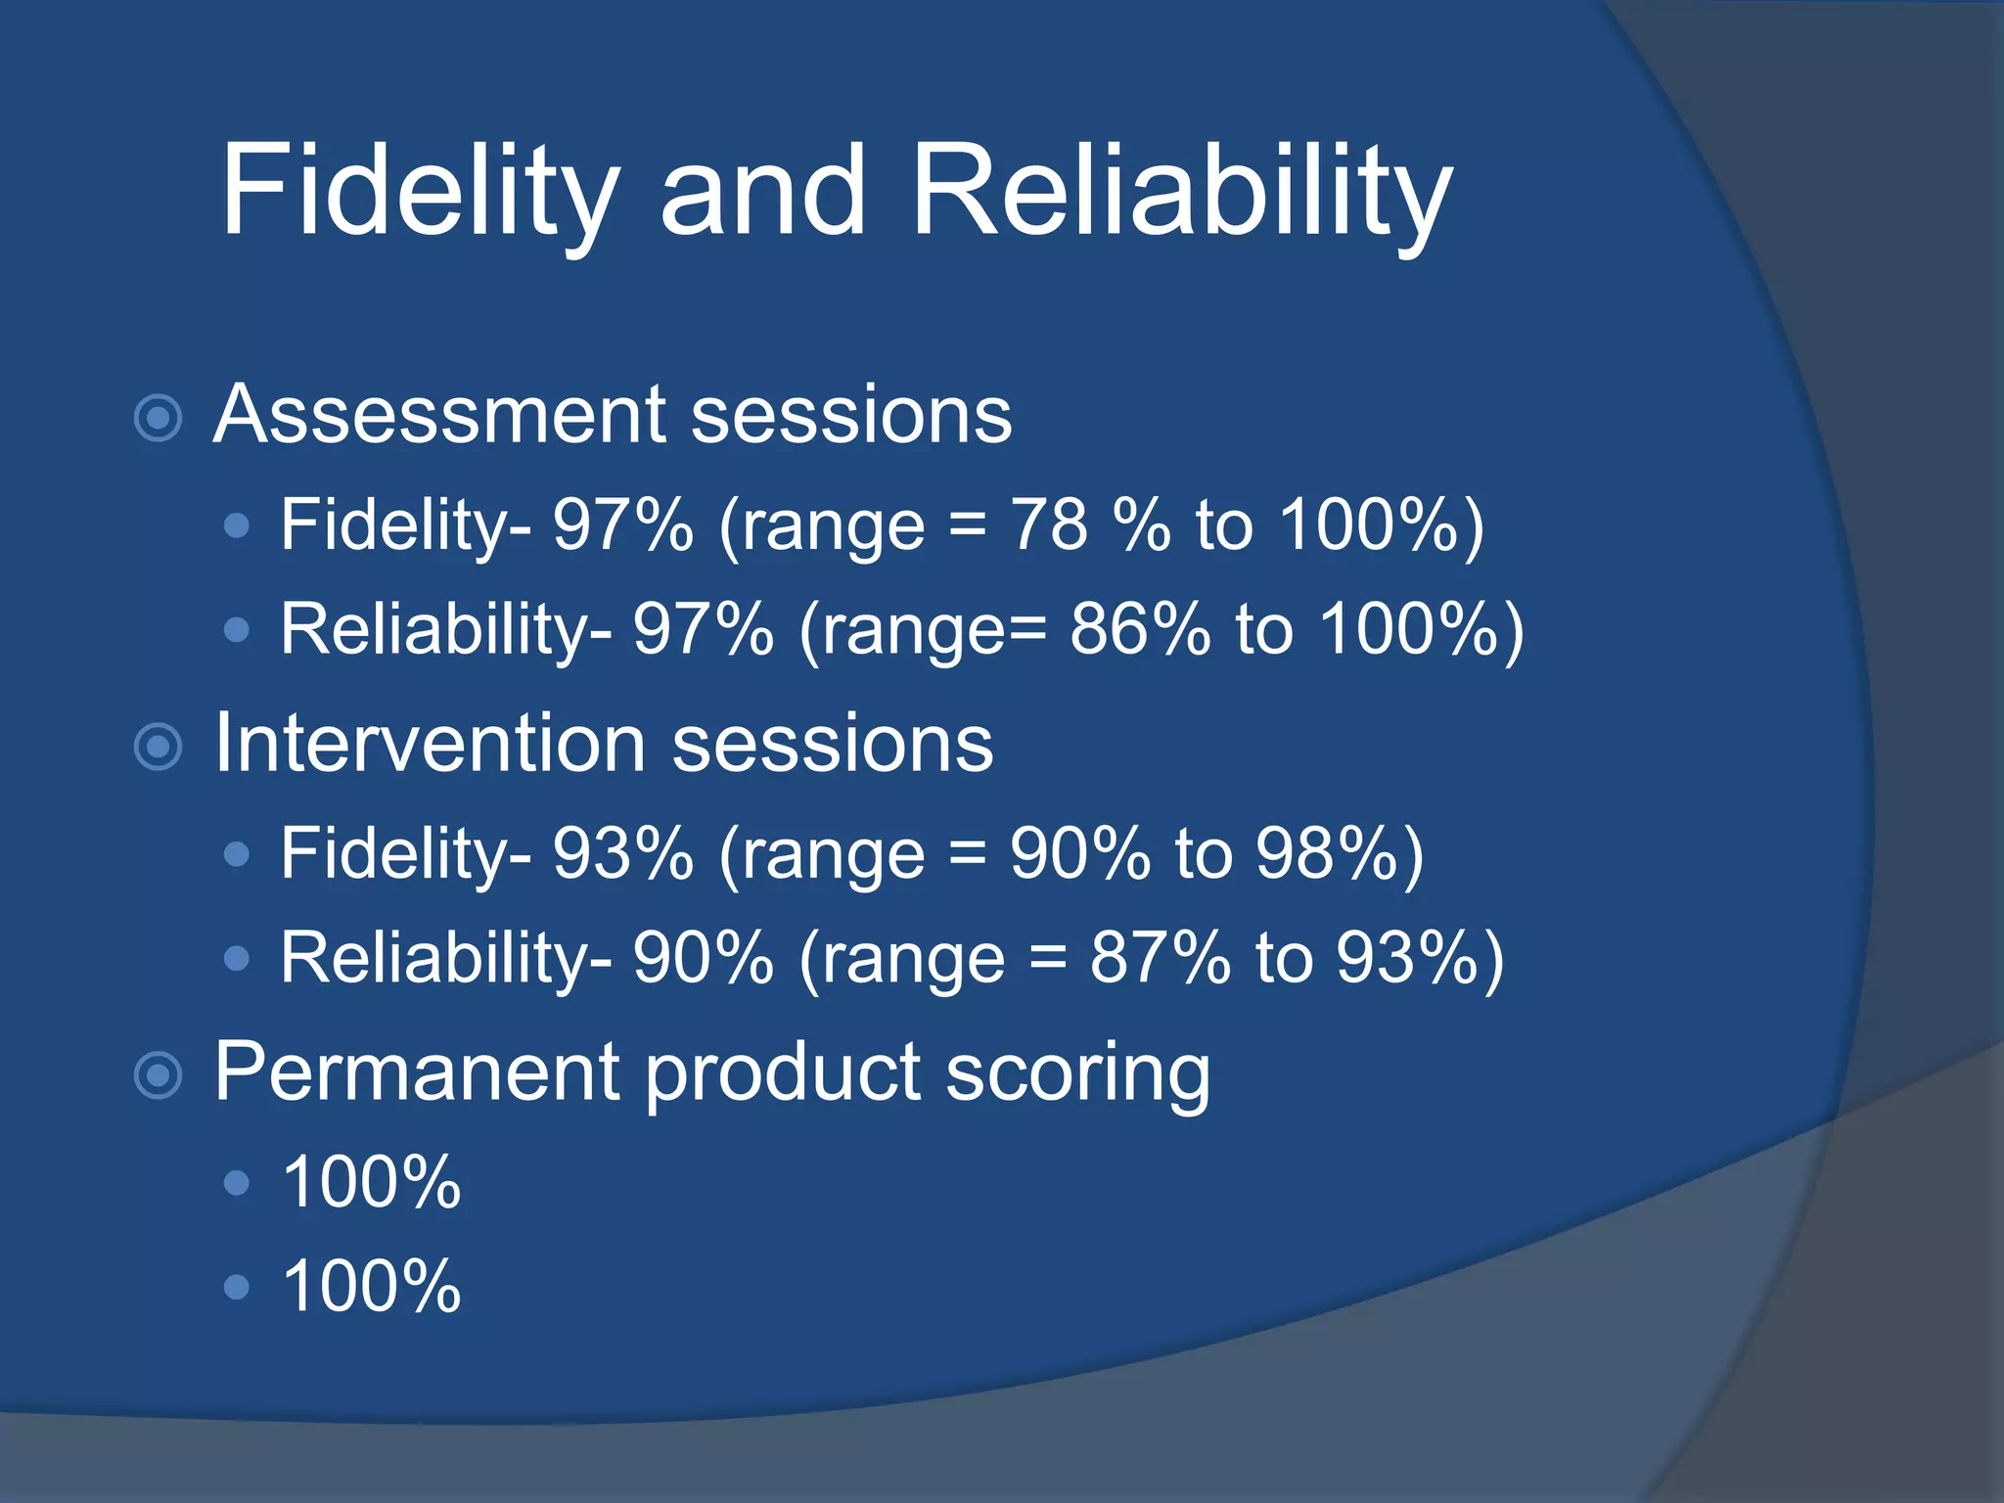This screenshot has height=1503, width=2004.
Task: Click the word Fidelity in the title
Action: [421, 191]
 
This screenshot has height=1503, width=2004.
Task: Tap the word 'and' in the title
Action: [763, 191]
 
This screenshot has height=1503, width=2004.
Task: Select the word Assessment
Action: [439, 415]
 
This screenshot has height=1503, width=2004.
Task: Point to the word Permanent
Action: [416, 1072]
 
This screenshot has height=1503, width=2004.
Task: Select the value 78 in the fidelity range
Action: [1049, 525]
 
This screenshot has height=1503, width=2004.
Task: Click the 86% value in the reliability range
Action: [1140, 629]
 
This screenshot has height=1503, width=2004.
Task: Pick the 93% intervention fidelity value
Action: [623, 853]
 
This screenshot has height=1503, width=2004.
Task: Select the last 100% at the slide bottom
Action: [372, 1286]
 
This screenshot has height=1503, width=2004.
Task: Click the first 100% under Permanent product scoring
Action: [372, 1182]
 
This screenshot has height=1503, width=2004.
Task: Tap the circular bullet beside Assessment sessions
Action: [158, 419]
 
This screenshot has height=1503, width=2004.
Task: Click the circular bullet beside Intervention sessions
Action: [158, 748]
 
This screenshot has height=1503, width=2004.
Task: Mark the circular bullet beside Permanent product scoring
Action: [158, 1076]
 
